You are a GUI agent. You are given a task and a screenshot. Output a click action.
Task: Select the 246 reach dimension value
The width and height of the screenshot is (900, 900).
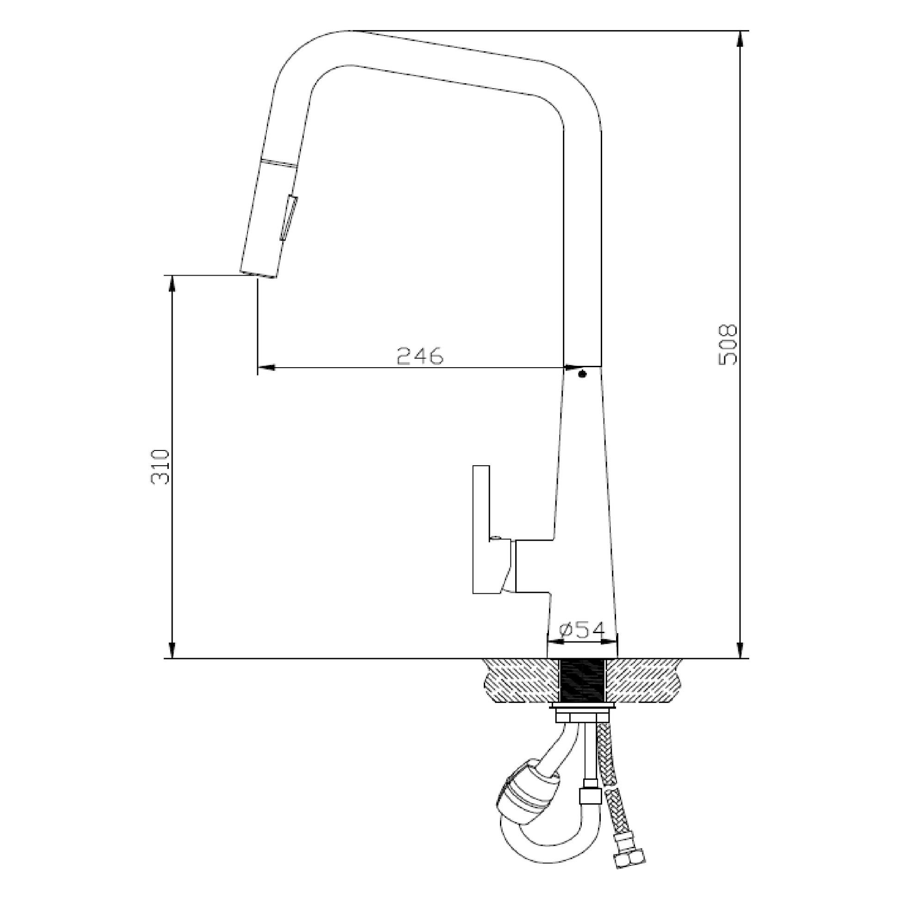tap(420, 357)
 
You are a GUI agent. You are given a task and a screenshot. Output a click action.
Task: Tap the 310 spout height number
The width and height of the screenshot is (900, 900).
tap(160, 467)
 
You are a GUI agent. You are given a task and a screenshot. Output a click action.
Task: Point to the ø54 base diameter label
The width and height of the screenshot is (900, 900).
tap(582, 630)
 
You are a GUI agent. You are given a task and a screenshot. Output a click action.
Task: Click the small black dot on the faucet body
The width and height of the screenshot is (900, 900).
tap(582, 374)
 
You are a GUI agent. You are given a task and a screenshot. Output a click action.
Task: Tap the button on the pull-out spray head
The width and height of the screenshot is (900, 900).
tap(289, 218)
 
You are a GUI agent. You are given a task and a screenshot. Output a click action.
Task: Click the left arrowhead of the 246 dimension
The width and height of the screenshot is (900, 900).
tap(265, 368)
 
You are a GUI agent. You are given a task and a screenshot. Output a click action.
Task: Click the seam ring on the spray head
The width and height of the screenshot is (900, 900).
tap(279, 163)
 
